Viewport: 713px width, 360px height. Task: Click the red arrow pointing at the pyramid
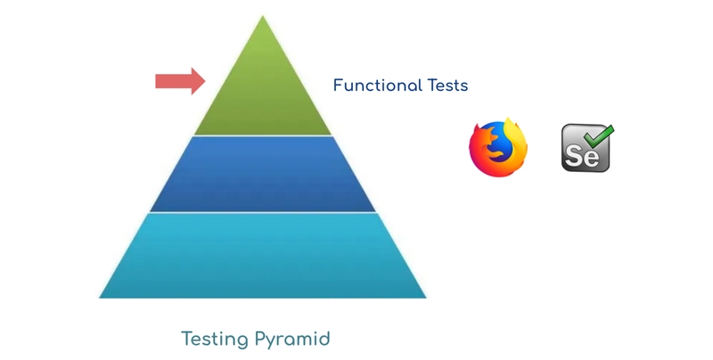click(180, 81)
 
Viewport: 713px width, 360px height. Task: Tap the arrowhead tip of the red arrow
click(205, 81)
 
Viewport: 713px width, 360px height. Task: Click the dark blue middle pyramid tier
click(263, 174)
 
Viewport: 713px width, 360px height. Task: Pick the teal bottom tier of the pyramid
click(263, 256)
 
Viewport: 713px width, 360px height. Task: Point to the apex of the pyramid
click(262, 16)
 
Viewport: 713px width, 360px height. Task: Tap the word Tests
click(448, 86)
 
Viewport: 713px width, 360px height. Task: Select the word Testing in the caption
click(216, 340)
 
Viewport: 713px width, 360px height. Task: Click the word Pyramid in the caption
click(292, 340)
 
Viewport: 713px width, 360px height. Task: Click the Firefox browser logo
click(498, 147)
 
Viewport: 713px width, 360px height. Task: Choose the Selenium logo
click(587, 148)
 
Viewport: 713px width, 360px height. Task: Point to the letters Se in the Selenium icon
click(582, 156)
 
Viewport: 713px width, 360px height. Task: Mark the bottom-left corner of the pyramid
click(100, 298)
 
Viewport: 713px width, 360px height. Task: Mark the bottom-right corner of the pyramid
click(426, 298)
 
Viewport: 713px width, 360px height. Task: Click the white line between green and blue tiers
click(263, 135)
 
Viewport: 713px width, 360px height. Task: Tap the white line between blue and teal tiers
click(263, 212)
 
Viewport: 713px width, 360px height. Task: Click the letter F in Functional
click(338, 86)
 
